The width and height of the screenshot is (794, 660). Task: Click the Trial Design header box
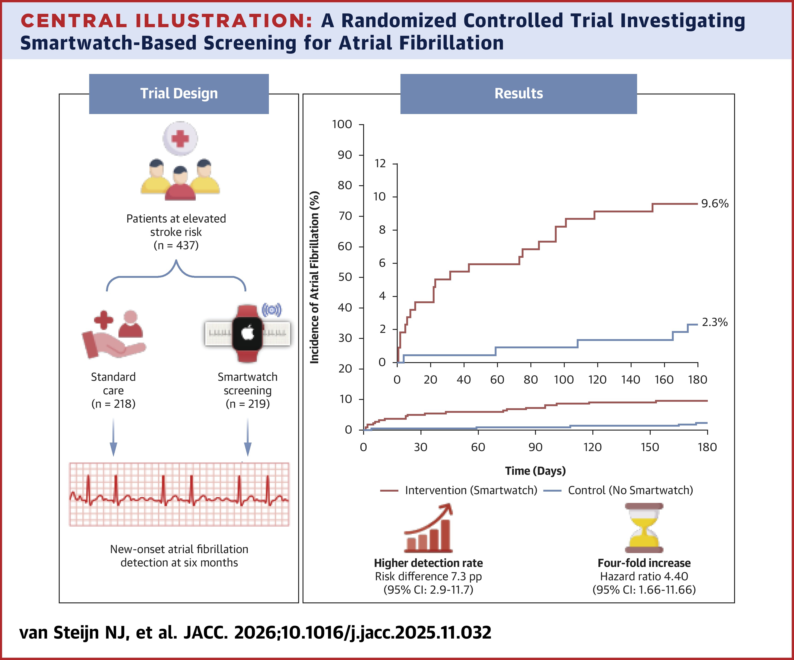pyautogui.click(x=179, y=94)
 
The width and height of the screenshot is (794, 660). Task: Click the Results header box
pyautogui.click(x=518, y=94)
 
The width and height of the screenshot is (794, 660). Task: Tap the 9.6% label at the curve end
pyautogui.click(x=714, y=204)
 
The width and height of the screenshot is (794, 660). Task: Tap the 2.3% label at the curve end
pyautogui.click(x=714, y=323)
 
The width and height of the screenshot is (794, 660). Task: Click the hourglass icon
pyautogui.click(x=644, y=528)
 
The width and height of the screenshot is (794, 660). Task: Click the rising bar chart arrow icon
pyautogui.click(x=428, y=528)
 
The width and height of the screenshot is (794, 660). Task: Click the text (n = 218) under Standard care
pyautogui.click(x=113, y=404)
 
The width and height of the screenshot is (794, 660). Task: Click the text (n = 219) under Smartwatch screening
pyautogui.click(x=248, y=404)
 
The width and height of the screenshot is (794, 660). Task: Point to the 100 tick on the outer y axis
pyautogui.click(x=342, y=124)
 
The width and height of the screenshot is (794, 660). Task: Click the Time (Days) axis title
pyautogui.click(x=535, y=471)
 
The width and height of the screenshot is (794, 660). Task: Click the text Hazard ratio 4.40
pyautogui.click(x=644, y=576)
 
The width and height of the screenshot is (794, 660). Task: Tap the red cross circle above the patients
pyautogui.click(x=180, y=139)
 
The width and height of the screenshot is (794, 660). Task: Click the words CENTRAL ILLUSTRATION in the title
pyautogui.click(x=166, y=21)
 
